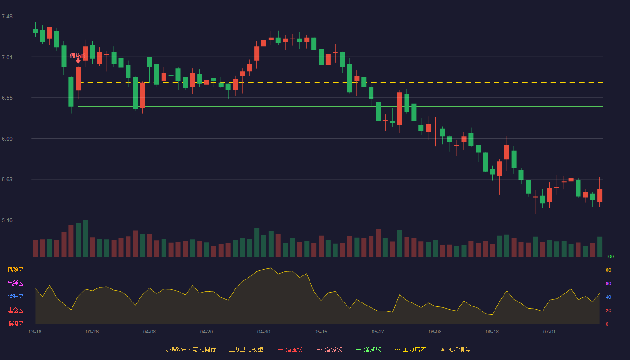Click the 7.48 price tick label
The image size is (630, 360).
tap(7, 17)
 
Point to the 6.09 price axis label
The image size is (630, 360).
tap(7, 139)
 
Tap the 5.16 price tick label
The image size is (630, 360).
tap(7, 220)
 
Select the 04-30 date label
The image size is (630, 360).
tap(264, 332)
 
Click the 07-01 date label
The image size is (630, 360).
tap(549, 332)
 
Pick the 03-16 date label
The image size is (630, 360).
tap(35, 332)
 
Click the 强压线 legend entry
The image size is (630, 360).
tap(290, 349)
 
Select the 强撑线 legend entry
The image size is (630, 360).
tap(369, 349)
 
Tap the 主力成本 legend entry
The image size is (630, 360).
tap(410, 349)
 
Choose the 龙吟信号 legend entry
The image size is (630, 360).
tap(455, 349)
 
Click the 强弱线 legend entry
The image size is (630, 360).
tap(329, 349)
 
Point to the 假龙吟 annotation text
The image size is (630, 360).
tap(77, 55)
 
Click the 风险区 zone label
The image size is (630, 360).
tap(15, 270)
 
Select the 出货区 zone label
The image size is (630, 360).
tap(15, 283)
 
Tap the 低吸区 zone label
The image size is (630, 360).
tap(15, 324)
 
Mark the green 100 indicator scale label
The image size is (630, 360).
tap(610, 256)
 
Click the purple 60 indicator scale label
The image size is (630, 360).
tap(608, 283)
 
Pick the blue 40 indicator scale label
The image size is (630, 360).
tap(608, 297)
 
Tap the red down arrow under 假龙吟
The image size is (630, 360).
tap(78, 61)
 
